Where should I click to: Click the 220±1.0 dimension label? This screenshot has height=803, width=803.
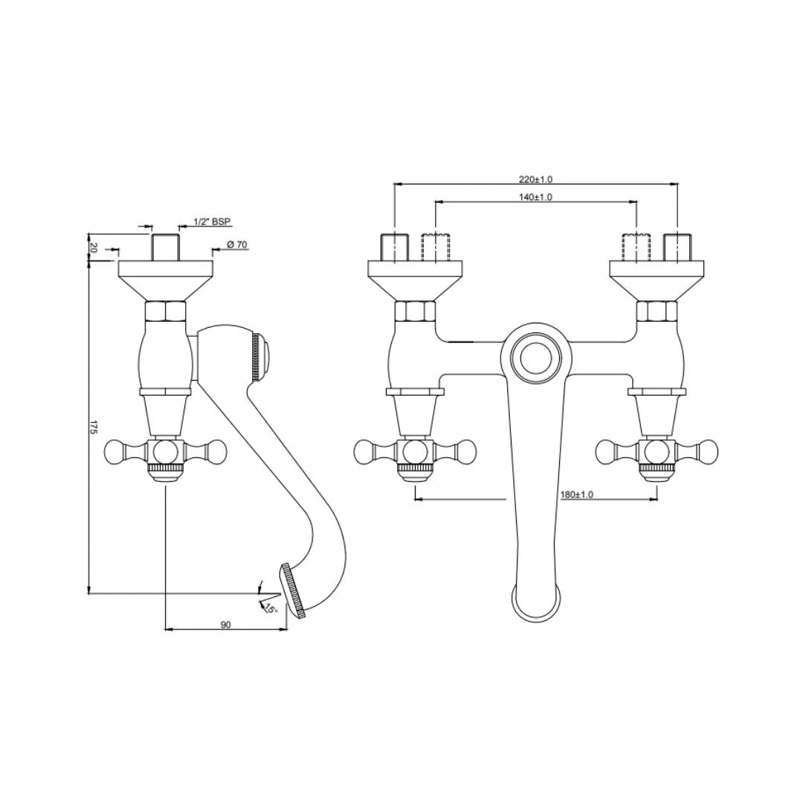[535, 179]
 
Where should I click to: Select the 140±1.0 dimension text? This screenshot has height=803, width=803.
[535, 197]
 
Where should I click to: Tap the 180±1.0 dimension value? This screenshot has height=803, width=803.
[577, 494]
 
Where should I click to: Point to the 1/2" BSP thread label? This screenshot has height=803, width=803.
[212, 222]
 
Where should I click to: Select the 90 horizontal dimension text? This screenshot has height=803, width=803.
[225, 625]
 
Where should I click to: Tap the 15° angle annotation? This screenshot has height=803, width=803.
[270, 609]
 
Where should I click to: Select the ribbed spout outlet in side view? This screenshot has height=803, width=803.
[293, 591]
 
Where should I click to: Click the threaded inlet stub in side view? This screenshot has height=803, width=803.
[165, 247]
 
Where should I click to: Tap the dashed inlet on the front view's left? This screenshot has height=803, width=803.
[436, 247]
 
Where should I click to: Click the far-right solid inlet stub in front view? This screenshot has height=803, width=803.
[677, 247]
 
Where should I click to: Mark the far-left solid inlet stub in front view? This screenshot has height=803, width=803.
[394, 247]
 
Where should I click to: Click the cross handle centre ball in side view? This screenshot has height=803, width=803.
[165, 451]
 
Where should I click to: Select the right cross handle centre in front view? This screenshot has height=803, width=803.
[657, 451]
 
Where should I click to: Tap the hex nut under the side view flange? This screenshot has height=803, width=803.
[165, 311]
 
